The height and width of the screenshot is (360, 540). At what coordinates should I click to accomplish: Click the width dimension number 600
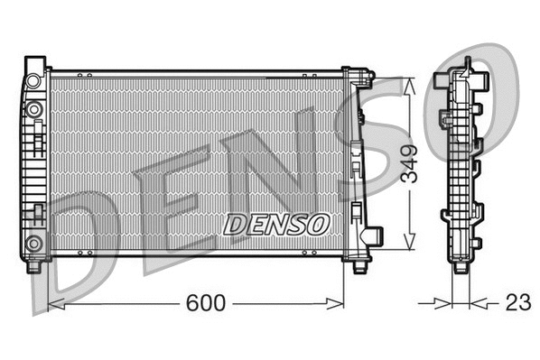206,303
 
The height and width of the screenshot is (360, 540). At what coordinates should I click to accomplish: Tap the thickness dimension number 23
517,303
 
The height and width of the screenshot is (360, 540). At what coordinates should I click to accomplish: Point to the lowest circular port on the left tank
34,242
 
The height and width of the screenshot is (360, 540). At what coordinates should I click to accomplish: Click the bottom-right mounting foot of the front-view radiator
358,263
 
